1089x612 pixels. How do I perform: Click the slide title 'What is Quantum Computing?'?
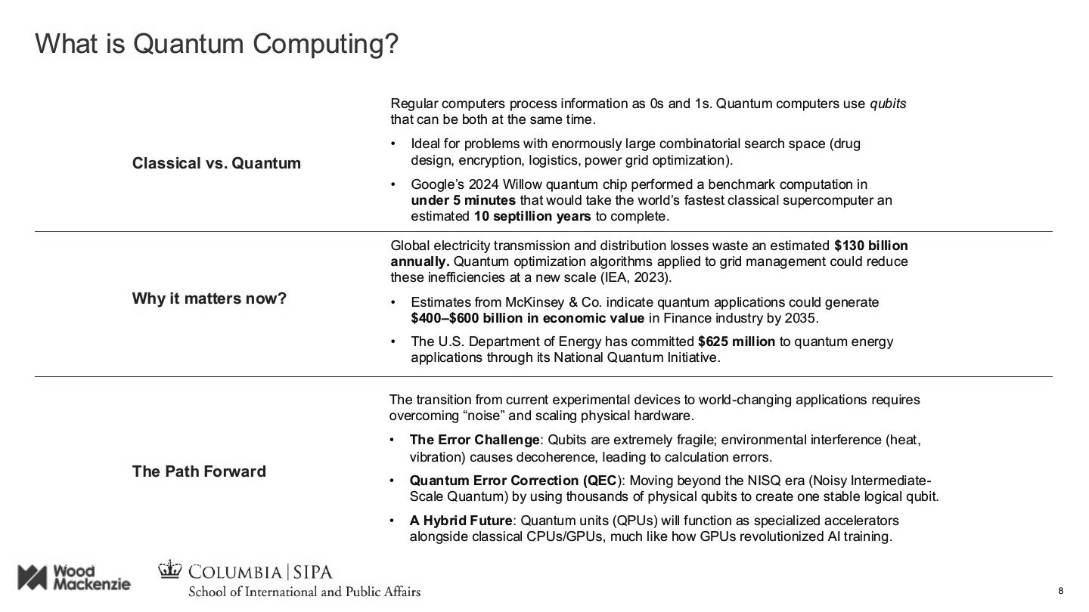pyautogui.click(x=216, y=44)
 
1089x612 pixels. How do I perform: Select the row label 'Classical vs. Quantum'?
pyautogui.click(x=216, y=163)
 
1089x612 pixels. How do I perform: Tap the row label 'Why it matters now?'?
pyautogui.click(x=209, y=298)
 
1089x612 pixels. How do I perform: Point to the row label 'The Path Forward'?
pyautogui.click(x=199, y=471)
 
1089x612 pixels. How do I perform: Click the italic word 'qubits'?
pyautogui.click(x=888, y=104)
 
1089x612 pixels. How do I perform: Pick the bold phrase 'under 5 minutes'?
pyautogui.click(x=463, y=200)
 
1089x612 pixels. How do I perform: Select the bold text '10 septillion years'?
pyautogui.click(x=532, y=216)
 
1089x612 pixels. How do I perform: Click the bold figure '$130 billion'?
pyautogui.click(x=870, y=246)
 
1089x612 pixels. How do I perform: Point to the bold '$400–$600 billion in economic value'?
pyautogui.click(x=528, y=317)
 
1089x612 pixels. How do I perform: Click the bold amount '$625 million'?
pyautogui.click(x=736, y=342)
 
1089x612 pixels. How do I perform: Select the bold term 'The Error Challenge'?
pyautogui.click(x=475, y=440)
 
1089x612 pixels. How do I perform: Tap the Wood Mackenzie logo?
pyautogui.click(x=74, y=577)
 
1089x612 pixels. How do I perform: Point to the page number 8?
pyautogui.click(x=1060, y=590)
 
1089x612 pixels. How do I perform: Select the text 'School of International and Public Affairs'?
pyautogui.click(x=304, y=591)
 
